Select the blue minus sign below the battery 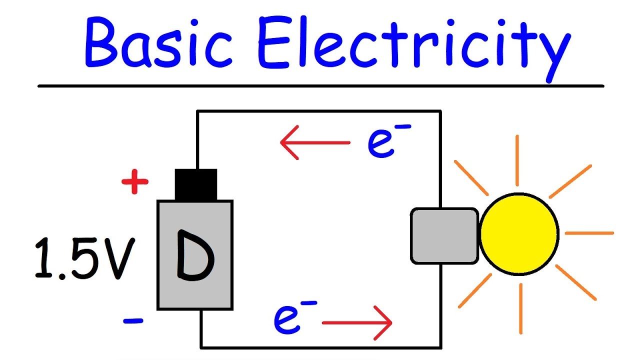tap(133, 320)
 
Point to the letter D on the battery tap(195, 255)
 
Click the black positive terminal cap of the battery tap(196, 184)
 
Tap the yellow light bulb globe tap(519, 233)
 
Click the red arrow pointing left tap(315, 142)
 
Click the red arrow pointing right tap(357, 323)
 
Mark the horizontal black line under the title tap(320, 86)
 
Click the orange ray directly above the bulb tap(517, 160)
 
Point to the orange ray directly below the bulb tap(521, 308)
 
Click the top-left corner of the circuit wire tap(198, 111)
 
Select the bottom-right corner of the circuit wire tap(440, 347)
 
